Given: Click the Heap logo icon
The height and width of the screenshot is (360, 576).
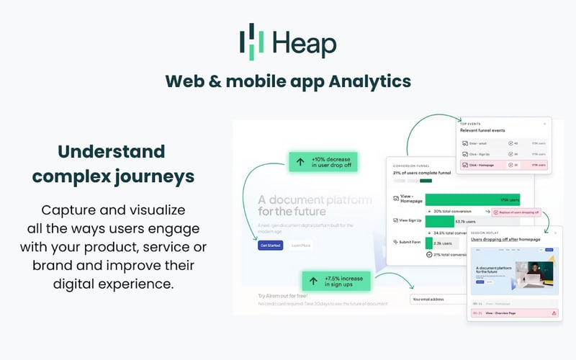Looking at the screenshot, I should tap(251, 41).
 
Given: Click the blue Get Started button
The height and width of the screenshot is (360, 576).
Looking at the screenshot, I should tap(270, 246).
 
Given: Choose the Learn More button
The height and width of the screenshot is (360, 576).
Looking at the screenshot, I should tap(301, 246).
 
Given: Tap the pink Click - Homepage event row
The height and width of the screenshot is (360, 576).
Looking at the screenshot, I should tap(505, 165).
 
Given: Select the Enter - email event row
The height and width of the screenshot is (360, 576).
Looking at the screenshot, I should tap(505, 143).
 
